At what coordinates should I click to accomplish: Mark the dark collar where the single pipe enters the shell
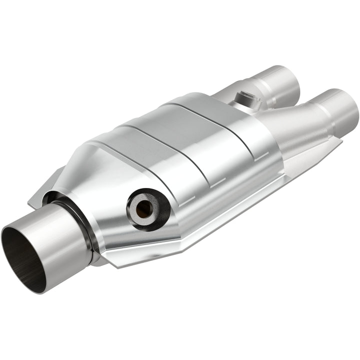tap(80, 220)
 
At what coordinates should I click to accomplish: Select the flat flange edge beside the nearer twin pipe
tap(320, 150)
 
